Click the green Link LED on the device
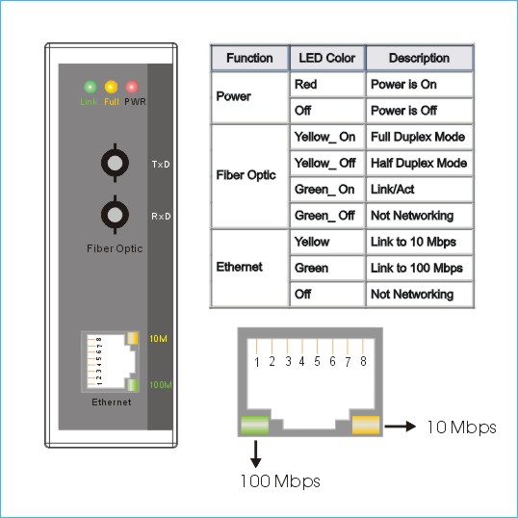(x=91, y=87)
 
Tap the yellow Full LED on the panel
(x=111, y=87)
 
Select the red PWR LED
(x=132, y=87)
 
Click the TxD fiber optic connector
(x=115, y=163)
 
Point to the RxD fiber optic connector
(x=115, y=215)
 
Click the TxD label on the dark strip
(x=161, y=165)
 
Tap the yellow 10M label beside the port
(x=158, y=339)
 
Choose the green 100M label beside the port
(x=161, y=385)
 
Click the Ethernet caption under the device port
(x=112, y=402)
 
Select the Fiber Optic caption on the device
(x=115, y=248)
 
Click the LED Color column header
(x=327, y=58)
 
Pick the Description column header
(x=419, y=58)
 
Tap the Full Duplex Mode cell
(x=418, y=137)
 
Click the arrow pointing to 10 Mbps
(x=401, y=427)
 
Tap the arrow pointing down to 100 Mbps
(x=255, y=453)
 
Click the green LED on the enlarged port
(x=255, y=426)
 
